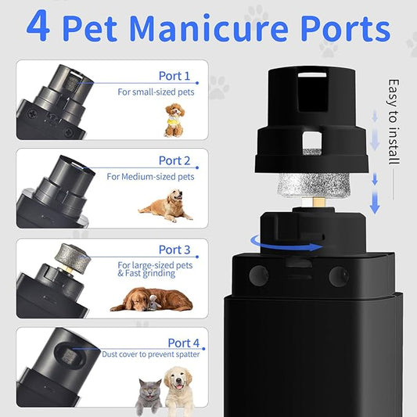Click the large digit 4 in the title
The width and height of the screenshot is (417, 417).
point(38,26)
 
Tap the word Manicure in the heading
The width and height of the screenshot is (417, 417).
point(209,28)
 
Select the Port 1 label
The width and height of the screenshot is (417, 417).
point(174,76)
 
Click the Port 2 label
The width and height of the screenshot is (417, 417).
point(174,160)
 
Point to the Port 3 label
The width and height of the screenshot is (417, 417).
point(174,250)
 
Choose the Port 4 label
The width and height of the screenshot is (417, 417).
point(184,343)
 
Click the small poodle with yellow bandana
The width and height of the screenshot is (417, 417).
point(174,120)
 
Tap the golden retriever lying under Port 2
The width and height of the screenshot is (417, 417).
point(165,205)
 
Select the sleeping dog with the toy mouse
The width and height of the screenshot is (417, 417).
point(151,300)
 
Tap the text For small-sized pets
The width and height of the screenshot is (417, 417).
point(156,92)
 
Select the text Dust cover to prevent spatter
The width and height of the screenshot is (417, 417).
point(150,354)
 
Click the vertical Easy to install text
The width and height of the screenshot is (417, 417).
point(394,122)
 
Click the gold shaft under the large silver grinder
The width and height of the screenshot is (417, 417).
point(318,202)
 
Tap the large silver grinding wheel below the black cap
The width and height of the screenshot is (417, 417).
point(313,185)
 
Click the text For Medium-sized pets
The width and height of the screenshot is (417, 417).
point(150,177)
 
